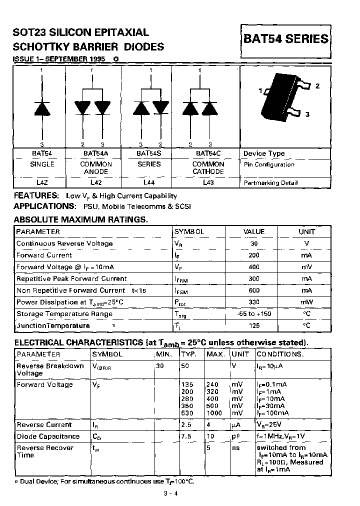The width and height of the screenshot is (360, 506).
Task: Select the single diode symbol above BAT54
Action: (x=42, y=108)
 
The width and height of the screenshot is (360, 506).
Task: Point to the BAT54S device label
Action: (x=149, y=153)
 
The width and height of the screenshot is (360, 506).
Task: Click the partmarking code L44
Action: (x=149, y=183)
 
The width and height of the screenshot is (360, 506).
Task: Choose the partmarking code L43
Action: (x=208, y=183)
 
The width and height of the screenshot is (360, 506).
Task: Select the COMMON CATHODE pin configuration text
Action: (x=208, y=168)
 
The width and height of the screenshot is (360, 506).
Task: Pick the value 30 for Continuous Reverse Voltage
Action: (x=254, y=243)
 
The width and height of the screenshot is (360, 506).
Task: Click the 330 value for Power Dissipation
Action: (x=254, y=302)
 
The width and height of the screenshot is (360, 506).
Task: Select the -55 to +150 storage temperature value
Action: (x=254, y=314)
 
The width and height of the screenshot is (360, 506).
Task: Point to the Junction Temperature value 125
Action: (x=254, y=325)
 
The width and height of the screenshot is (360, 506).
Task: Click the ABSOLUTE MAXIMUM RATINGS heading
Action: (x=80, y=219)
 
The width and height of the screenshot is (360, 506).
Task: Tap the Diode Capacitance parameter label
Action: (x=48, y=436)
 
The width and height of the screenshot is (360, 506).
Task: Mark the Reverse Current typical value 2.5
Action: (x=186, y=424)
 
